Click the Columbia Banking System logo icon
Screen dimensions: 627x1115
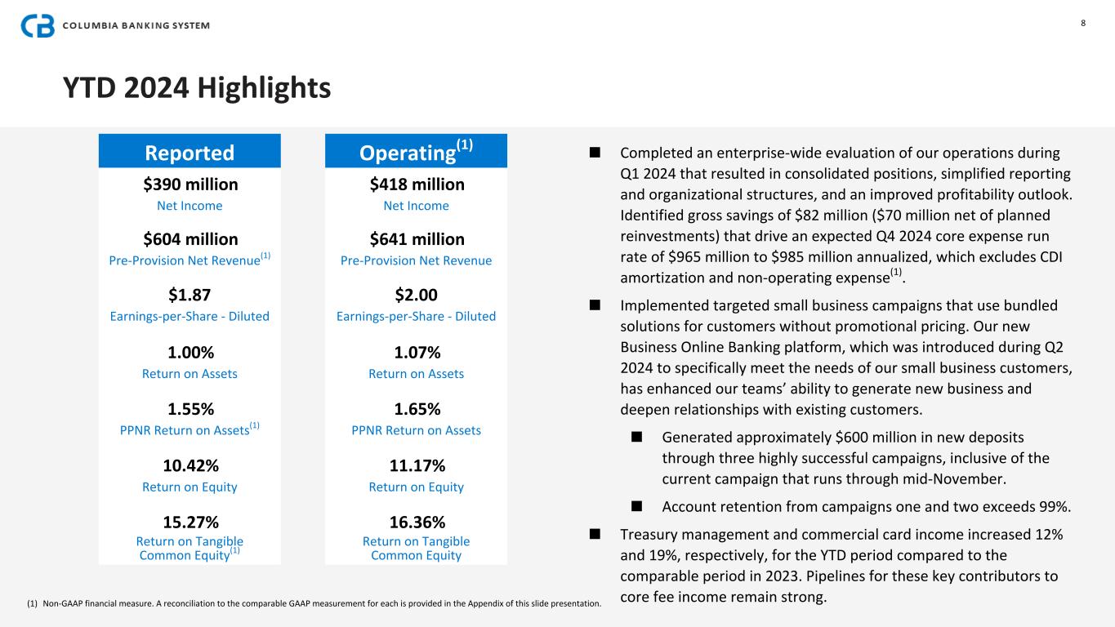[x=38, y=26]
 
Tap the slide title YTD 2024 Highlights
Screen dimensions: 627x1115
[x=197, y=87]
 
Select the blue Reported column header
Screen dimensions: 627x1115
[x=190, y=153]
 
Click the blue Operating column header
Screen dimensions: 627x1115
[x=416, y=152]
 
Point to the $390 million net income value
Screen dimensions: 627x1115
[x=190, y=184]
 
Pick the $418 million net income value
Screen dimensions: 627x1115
[x=417, y=184]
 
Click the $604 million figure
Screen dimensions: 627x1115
[x=190, y=239]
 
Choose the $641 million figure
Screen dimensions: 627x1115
[x=417, y=239]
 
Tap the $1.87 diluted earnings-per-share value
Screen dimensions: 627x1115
[x=190, y=295]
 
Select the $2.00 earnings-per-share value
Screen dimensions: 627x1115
[x=417, y=295]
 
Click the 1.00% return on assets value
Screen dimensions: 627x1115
[x=190, y=353]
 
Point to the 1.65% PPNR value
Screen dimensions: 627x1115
[x=417, y=408]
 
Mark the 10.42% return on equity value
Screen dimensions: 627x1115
[x=190, y=465]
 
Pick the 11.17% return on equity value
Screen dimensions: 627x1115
[x=417, y=465]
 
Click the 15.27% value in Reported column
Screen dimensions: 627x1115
[x=190, y=522]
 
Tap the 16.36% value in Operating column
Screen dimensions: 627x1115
[x=417, y=522]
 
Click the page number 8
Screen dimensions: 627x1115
[x=1083, y=23]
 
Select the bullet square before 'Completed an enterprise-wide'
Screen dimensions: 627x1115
[x=595, y=153]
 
